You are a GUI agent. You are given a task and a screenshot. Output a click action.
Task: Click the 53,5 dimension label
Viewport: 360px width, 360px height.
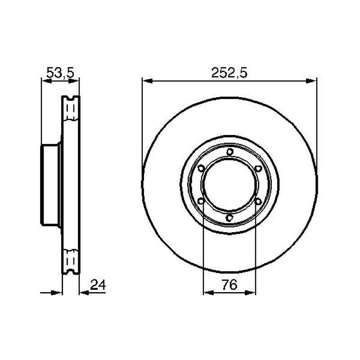[x=60, y=73]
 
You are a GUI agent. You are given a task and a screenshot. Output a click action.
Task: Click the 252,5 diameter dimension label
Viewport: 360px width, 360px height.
[x=229, y=73]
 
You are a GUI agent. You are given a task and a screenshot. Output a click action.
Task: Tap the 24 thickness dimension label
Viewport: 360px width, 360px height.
[x=98, y=285]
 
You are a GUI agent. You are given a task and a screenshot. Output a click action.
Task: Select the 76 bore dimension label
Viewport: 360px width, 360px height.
[x=229, y=285]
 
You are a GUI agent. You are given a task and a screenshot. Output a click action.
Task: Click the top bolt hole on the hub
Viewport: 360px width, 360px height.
[x=230, y=152]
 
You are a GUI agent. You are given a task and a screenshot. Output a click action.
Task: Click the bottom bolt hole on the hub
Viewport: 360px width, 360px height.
[x=229, y=217]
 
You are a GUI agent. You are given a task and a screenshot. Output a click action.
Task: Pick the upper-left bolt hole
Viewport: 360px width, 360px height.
[x=201, y=168]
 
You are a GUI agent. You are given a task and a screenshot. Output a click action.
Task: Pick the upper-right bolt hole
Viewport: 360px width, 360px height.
[x=258, y=168]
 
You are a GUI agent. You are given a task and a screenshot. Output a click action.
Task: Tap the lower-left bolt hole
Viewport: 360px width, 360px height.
[x=201, y=201]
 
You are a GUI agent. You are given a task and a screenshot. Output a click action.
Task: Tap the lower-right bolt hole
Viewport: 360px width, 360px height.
[x=258, y=201]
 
